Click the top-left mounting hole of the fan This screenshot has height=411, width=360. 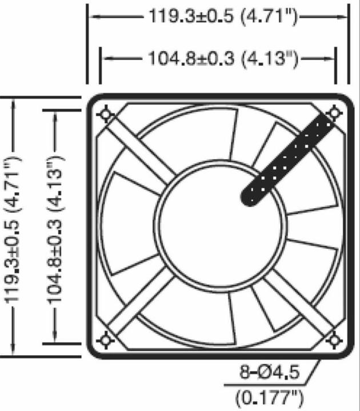coord(106,114)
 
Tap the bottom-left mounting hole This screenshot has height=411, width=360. coord(106,341)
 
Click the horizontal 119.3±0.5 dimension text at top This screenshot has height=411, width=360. coord(223,16)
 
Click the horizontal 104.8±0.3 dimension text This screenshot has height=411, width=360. coord(223,58)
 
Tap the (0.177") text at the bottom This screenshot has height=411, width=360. coord(269,396)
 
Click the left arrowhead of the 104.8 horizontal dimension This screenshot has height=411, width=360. coord(105,58)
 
